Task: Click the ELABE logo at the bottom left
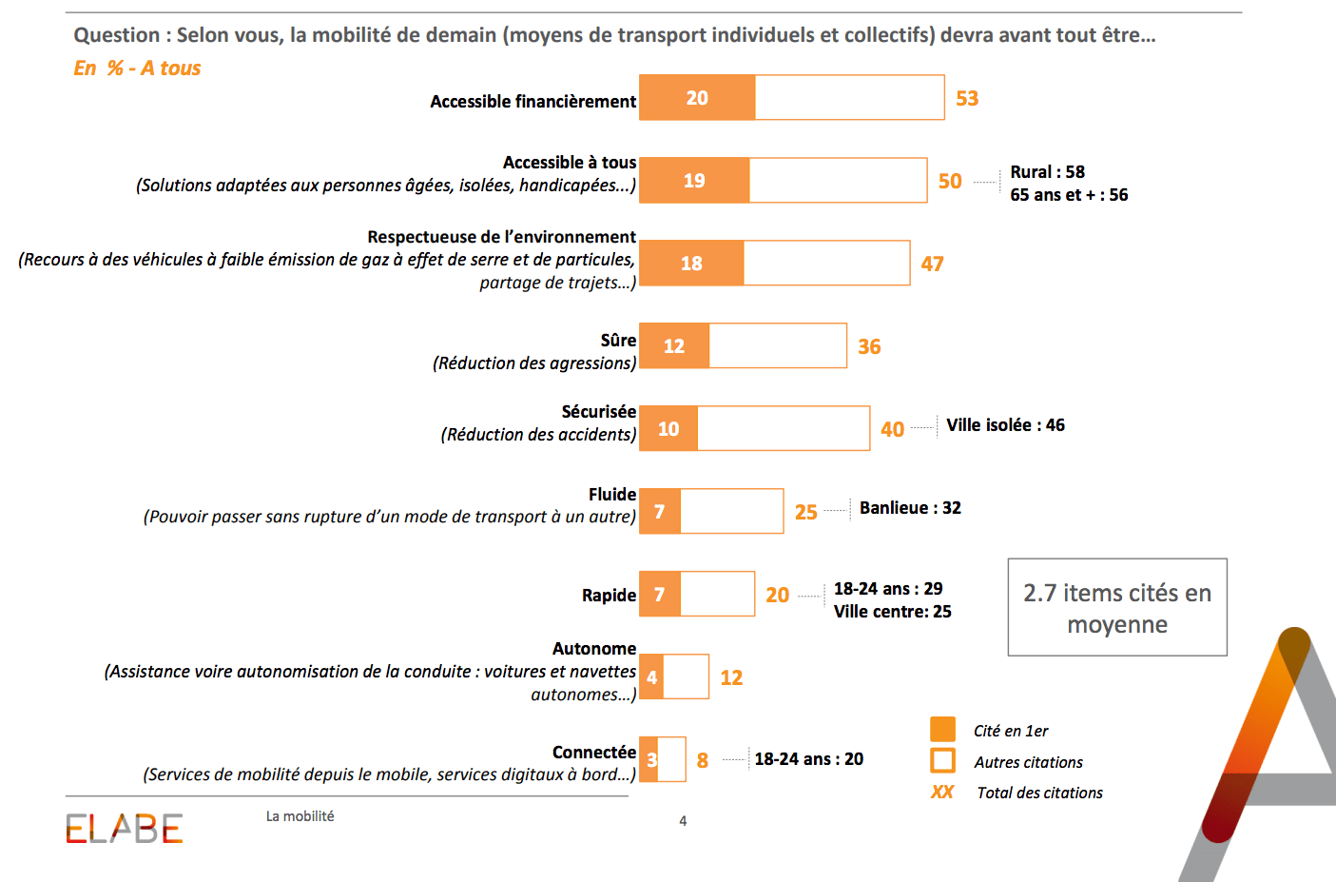click(x=124, y=829)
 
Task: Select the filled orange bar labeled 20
click(x=697, y=98)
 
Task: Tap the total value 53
click(x=967, y=99)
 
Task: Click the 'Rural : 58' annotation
click(x=1047, y=172)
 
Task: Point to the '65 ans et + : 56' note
click(x=1069, y=195)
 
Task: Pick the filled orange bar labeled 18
click(x=691, y=264)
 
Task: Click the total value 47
click(x=932, y=265)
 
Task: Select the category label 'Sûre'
click(x=618, y=341)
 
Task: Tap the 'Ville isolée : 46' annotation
click(x=1005, y=425)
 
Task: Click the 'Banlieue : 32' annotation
click(x=910, y=508)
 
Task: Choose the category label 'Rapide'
click(x=609, y=596)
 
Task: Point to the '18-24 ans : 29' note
click(x=888, y=589)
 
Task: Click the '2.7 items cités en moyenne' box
click(x=1117, y=608)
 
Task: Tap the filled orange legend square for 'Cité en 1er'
click(x=942, y=730)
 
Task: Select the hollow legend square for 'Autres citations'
click(x=942, y=761)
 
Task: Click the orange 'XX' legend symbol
click(x=942, y=793)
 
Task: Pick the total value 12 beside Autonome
click(x=731, y=677)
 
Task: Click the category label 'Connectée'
click(x=594, y=753)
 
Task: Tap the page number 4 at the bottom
click(x=683, y=821)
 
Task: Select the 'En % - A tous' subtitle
click(x=138, y=69)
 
